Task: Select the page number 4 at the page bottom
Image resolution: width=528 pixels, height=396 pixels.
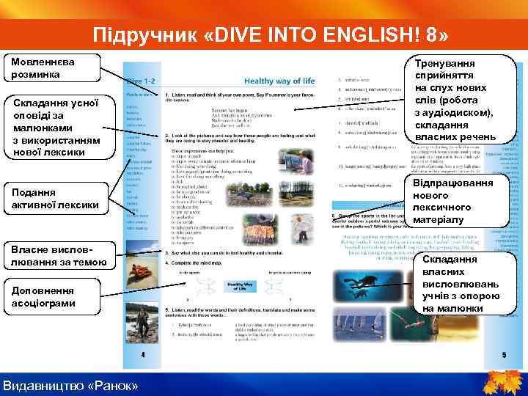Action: pyautogui.click(x=143, y=354)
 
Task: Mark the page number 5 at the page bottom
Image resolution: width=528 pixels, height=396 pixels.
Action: pyautogui.click(x=504, y=355)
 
